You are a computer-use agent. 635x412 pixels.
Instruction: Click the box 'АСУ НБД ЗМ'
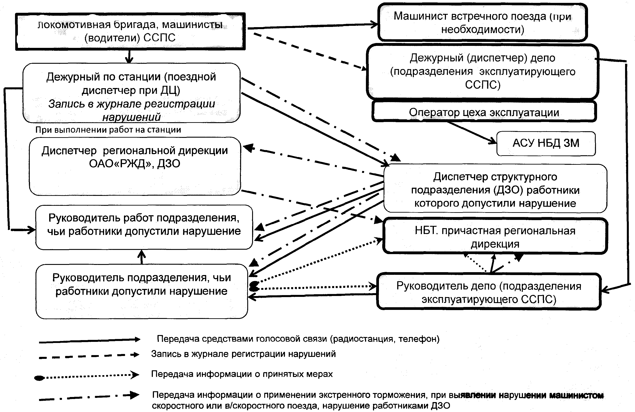tap(546, 144)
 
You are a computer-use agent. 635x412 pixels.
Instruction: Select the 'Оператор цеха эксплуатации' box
tap(484, 112)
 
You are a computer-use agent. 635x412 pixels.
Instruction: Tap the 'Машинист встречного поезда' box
tap(482, 22)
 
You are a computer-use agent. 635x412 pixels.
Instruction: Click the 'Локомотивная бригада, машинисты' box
tap(130, 31)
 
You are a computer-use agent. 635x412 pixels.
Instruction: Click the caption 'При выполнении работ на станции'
tap(108, 130)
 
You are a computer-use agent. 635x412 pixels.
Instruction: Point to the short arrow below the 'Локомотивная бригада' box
tap(129, 56)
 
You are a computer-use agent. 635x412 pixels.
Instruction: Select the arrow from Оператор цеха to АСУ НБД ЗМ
tap(471, 133)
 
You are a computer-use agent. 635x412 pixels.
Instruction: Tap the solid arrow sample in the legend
tap(89, 341)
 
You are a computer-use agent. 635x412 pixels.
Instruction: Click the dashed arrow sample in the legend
tap(89, 356)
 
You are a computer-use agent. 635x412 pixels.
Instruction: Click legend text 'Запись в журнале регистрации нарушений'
tap(243, 354)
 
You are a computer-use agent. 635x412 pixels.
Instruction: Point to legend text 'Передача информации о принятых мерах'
tap(242, 374)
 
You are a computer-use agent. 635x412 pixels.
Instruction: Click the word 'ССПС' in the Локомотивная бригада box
tap(159, 38)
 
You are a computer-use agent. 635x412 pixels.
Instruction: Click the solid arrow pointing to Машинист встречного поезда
tap(312, 26)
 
